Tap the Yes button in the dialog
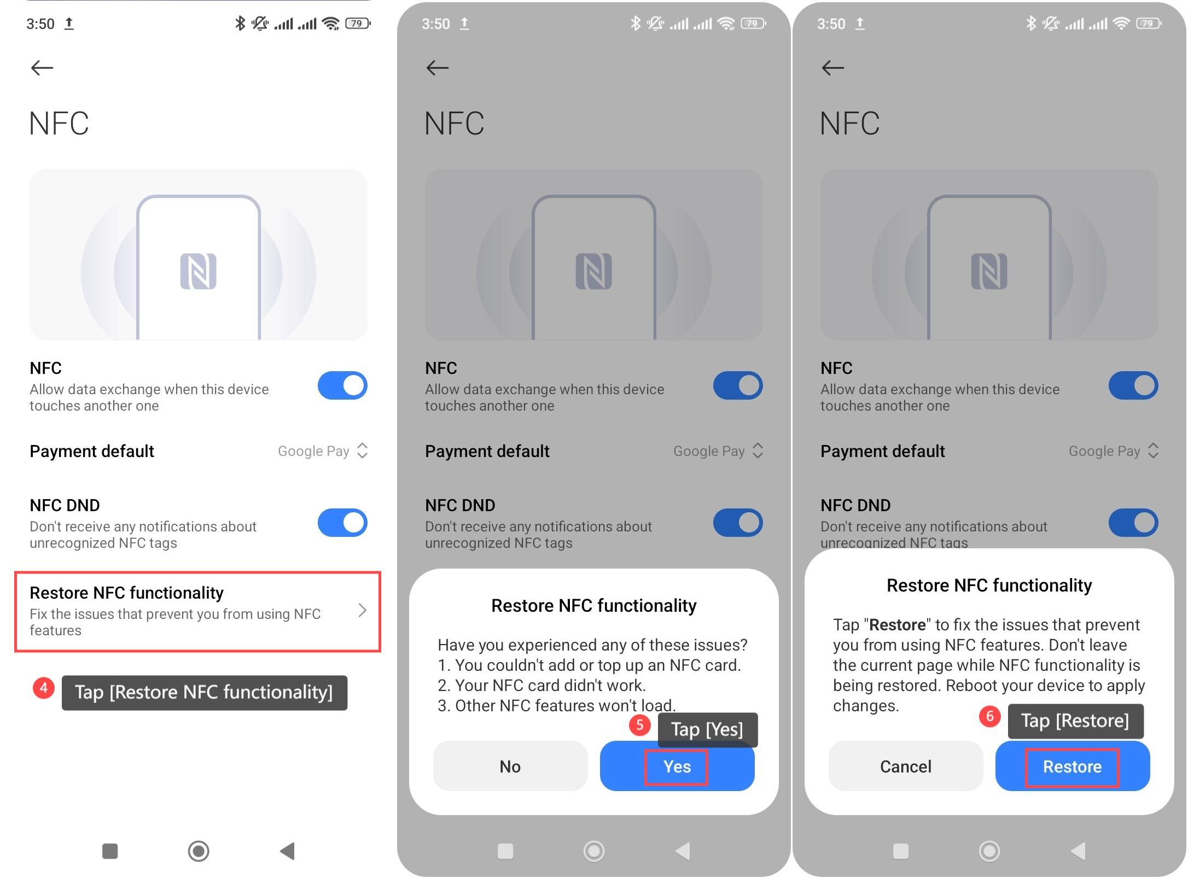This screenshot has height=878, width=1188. coord(677,765)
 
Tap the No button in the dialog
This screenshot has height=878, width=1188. coord(510,765)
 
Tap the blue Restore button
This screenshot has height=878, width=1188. coord(1072,765)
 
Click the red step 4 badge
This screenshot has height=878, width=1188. coord(44,688)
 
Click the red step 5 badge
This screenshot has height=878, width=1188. coord(639,725)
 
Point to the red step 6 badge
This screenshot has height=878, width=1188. coord(989,716)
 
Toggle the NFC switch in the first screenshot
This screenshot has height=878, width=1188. coord(342,385)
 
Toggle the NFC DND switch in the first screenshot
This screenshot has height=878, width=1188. coord(342,523)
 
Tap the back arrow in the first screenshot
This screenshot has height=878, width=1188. coord(42,68)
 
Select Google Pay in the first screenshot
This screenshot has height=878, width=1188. coord(313,451)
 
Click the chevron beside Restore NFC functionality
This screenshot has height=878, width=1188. coord(362,610)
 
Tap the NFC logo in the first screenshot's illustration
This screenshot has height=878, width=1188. coord(198,271)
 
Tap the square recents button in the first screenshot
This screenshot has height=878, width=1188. coord(110,851)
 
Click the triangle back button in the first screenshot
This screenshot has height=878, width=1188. coord(288,851)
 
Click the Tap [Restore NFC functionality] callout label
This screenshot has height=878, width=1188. coord(204,693)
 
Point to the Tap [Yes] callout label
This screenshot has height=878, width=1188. coord(707,729)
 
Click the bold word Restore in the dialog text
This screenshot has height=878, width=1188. coord(897,624)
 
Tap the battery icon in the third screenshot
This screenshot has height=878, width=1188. coord(1149,24)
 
